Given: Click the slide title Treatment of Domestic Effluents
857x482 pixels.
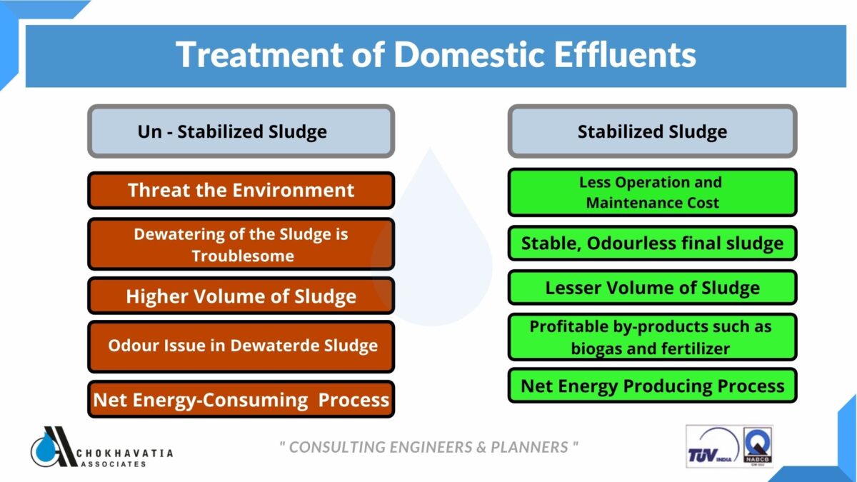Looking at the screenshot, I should coord(436,55).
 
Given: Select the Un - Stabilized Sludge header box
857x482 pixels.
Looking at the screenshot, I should coord(241,131).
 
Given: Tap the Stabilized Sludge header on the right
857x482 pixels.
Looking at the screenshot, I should coord(652,131).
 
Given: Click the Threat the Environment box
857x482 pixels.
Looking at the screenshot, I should coord(241,191).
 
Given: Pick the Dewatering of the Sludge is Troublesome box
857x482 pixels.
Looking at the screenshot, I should coord(241,244).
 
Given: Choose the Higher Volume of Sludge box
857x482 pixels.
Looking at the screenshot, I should coord(241,296).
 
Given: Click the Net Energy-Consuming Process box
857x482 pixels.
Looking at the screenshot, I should coord(241,399).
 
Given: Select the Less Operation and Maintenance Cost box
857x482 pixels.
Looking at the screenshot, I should coord(652,192).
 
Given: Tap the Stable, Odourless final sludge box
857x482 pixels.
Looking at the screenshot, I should coord(652,243).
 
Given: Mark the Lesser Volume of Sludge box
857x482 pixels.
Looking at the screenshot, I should coord(652,287).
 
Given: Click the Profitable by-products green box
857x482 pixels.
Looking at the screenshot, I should coord(652,337).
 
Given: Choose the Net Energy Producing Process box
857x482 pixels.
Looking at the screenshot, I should coord(652,386).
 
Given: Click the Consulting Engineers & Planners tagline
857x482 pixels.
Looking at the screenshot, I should coord(428,447).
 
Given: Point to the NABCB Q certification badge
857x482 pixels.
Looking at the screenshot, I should coord(757,447).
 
